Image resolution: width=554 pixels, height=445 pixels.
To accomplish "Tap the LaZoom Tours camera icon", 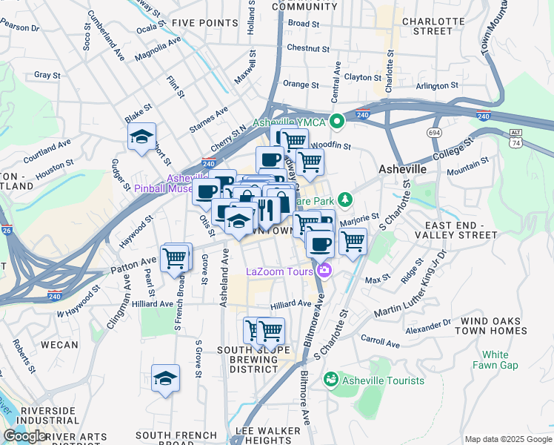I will tap(324, 272).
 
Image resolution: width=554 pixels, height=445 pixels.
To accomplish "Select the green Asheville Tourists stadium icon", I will tap(331, 380).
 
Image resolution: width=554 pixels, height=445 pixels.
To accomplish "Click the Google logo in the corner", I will tap(24, 436).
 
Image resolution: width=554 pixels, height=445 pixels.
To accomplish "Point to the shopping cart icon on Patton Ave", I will tap(175, 258).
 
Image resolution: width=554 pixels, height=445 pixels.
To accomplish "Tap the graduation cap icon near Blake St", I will tap(141, 137).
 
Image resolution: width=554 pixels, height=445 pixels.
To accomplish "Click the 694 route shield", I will tap(435, 131).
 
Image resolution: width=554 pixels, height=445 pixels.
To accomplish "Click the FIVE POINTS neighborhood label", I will tap(204, 23).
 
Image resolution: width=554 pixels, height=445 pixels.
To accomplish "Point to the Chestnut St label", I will tap(307, 48).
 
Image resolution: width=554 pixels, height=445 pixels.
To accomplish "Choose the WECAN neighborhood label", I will tap(59, 345).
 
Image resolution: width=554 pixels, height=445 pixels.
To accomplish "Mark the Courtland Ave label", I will tap(47, 151).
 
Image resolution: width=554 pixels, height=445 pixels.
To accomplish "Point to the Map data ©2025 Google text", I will tap(507, 439).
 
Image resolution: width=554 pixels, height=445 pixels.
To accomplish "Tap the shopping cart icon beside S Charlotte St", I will tap(353, 241).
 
